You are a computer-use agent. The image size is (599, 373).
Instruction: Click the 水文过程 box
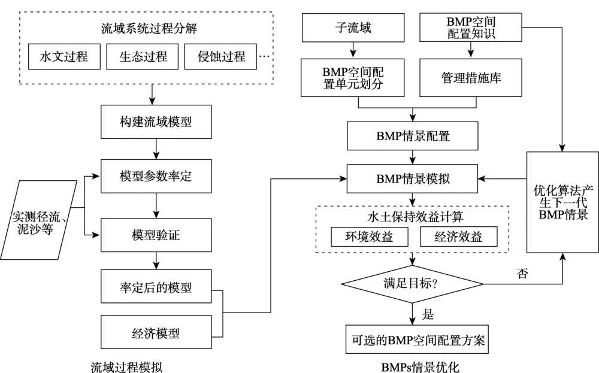(x=63, y=57)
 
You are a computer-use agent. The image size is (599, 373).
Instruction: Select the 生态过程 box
(x=143, y=57)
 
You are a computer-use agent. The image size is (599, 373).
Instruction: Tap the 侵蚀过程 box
(x=221, y=57)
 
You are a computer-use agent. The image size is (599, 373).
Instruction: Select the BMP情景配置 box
(x=413, y=136)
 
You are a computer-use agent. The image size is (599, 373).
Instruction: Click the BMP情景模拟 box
(x=413, y=178)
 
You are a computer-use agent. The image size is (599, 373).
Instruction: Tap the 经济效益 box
(x=459, y=237)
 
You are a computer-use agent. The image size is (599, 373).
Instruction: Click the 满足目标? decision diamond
(x=413, y=283)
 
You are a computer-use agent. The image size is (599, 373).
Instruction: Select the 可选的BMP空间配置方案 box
(x=418, y=340)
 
